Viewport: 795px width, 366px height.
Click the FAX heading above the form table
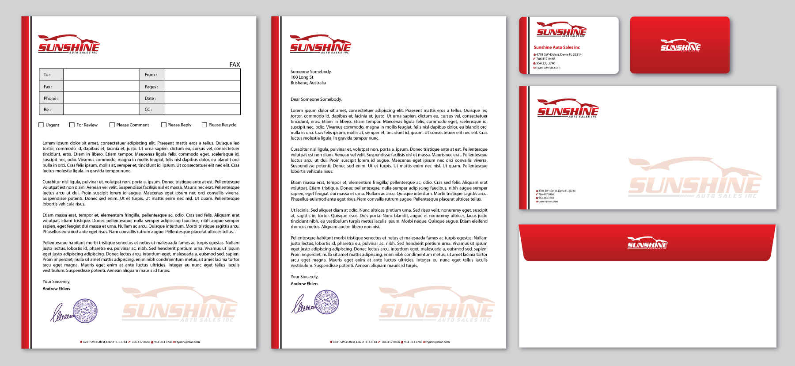pos(235,65)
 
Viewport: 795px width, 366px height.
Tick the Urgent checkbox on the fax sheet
pos(41,125)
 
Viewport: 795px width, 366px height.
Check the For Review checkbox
pos(72,125)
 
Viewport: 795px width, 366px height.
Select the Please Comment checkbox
pos(112,125)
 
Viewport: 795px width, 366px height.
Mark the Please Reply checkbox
pos(164,125)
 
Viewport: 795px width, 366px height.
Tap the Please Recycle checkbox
pos(204,125)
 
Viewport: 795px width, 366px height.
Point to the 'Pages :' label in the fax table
pos(151,87)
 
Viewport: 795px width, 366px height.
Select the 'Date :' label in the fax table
pos(150,98)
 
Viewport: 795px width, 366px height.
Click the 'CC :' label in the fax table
pos(148,109)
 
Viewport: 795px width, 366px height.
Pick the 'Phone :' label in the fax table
pos(51,98)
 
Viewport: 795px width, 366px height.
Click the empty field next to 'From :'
pos(202,75)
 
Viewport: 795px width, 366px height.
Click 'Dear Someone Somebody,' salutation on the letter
pos(316,99)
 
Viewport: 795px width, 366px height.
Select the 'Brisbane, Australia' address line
pos(308,83)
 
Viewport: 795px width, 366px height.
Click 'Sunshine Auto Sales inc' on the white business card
pos(556,47)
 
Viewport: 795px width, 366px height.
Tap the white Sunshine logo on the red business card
pos(680,46)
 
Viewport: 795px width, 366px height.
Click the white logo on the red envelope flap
pos(647,243)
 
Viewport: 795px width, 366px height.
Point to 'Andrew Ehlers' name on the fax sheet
pos(56,289)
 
